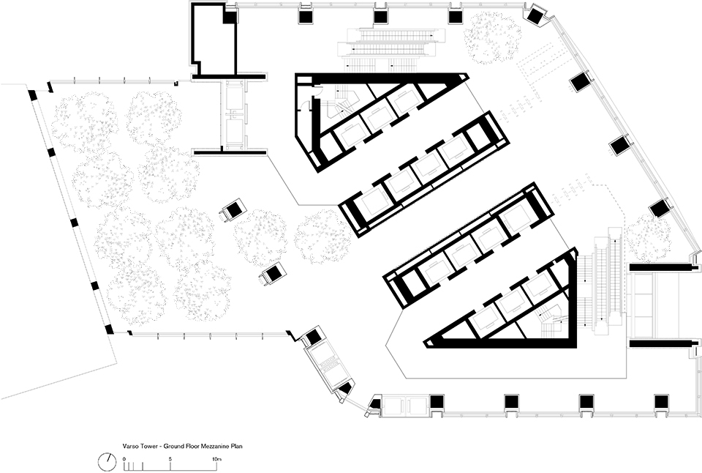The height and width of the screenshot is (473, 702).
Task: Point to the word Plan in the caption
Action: [x=238, y=447]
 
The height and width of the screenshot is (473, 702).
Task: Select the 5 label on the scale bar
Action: [x=170, y=458]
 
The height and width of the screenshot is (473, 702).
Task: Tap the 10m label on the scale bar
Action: [x=216, y=458]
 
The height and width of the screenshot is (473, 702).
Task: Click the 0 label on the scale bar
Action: [x=124, y=458]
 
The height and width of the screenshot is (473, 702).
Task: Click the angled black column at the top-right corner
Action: [x=535, y=16]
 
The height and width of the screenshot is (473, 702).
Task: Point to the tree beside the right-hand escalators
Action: [x=648, y=237]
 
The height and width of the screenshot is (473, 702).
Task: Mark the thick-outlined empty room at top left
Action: [x=214, y=39]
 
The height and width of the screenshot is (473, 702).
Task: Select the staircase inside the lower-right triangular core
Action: [x=551, y=320]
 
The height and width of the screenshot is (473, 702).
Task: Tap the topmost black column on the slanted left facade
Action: [x=33, y=95]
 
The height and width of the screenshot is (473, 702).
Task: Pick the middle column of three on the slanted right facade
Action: [x=620, y=145]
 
